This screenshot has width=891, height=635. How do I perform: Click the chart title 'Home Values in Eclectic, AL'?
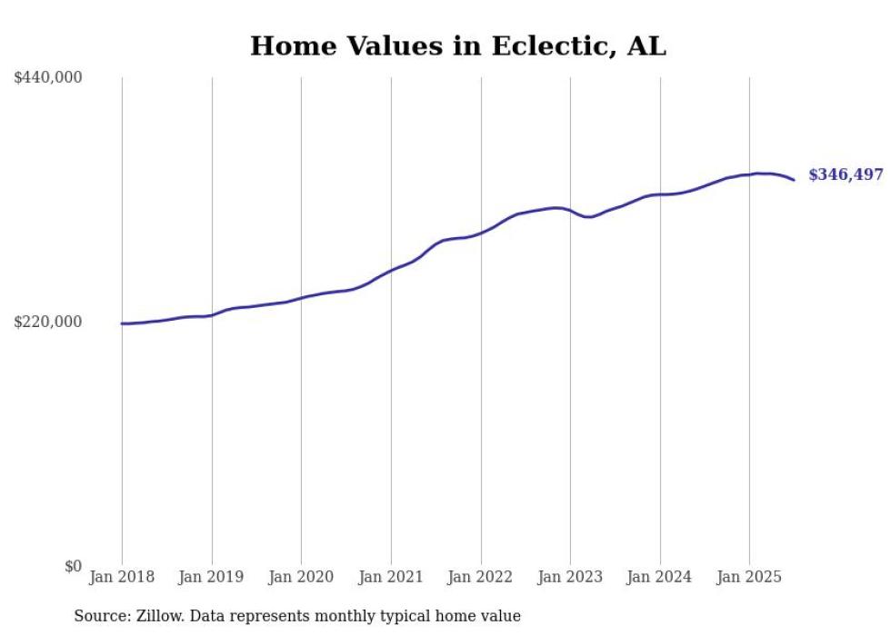click(458, 46)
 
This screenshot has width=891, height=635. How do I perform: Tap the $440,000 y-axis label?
click(48, 78)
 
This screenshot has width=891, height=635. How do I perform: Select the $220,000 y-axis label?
click(48, 322)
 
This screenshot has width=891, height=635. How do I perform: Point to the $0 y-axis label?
click(73, 566)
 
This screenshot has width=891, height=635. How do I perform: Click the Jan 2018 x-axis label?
click(122, 577)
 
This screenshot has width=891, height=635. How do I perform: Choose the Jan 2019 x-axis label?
click(212, 577)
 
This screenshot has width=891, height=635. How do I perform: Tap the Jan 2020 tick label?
click(301, 577)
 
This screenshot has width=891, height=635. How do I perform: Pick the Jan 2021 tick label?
click(391, 577)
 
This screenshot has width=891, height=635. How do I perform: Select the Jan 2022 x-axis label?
click(480, 577)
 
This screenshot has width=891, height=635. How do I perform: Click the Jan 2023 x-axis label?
click(570, 577)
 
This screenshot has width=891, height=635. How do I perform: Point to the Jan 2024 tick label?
click(660, 577)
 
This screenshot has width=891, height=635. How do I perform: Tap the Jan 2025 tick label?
click(749, 577)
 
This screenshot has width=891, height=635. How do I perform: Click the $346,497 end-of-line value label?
click(846, 175)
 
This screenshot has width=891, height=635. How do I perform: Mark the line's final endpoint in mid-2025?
click(794, 180)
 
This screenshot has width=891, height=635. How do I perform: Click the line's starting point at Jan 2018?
click(122, 323)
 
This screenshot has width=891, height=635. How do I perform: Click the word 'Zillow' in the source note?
click(156, 616)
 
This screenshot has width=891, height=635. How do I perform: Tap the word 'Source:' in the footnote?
click(100, 616)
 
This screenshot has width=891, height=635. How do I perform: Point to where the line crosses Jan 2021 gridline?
click(391, 270)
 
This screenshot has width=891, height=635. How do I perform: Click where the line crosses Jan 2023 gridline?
click(570, 211)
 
